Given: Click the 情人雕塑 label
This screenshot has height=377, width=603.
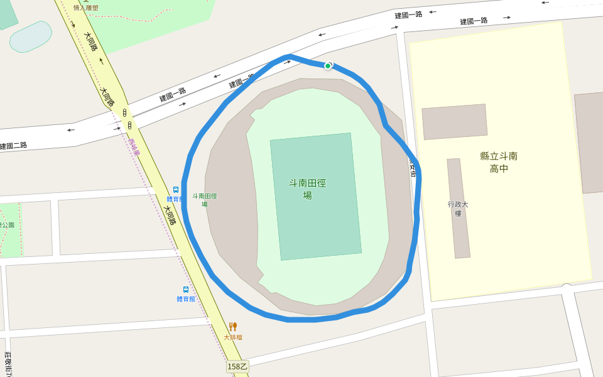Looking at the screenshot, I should [85, 8].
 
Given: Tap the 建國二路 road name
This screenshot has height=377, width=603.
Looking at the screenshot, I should [13, 146].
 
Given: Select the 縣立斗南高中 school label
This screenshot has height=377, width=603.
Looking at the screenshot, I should [499, 162].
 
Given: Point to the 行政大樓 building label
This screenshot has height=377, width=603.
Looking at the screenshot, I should [458, 209].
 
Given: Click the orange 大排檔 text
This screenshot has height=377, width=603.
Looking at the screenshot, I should [233, 337].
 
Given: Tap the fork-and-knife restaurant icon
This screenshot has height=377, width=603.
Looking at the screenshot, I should [233, 327].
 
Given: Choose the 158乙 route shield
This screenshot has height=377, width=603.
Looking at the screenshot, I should [237, 366].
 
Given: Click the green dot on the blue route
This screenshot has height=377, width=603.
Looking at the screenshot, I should [328, 66].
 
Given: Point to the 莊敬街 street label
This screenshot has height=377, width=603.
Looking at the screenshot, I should [8, 364].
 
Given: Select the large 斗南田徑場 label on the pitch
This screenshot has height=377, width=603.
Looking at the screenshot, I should [308, 189].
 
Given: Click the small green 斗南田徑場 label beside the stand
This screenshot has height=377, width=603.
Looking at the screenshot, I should [204, 200].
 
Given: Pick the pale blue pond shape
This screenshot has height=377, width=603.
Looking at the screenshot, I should [30, 37].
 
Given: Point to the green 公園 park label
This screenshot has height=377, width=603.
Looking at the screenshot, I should [7, 224].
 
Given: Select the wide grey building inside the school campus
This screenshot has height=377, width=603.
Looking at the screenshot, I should [454, 121].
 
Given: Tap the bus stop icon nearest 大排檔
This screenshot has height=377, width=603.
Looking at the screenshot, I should [186, 290].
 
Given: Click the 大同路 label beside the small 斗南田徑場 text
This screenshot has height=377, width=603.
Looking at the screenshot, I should [170, 215].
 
